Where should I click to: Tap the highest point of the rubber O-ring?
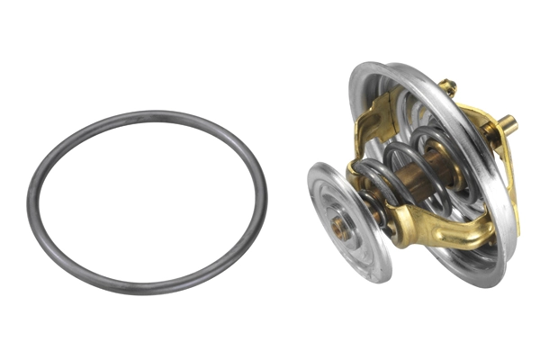click(148, 113)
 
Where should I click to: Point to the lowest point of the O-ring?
click(144, 293)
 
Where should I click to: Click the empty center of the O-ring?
click(147, 202)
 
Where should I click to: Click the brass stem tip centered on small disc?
click(342, 229)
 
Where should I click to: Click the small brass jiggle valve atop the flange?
click(447, 88)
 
